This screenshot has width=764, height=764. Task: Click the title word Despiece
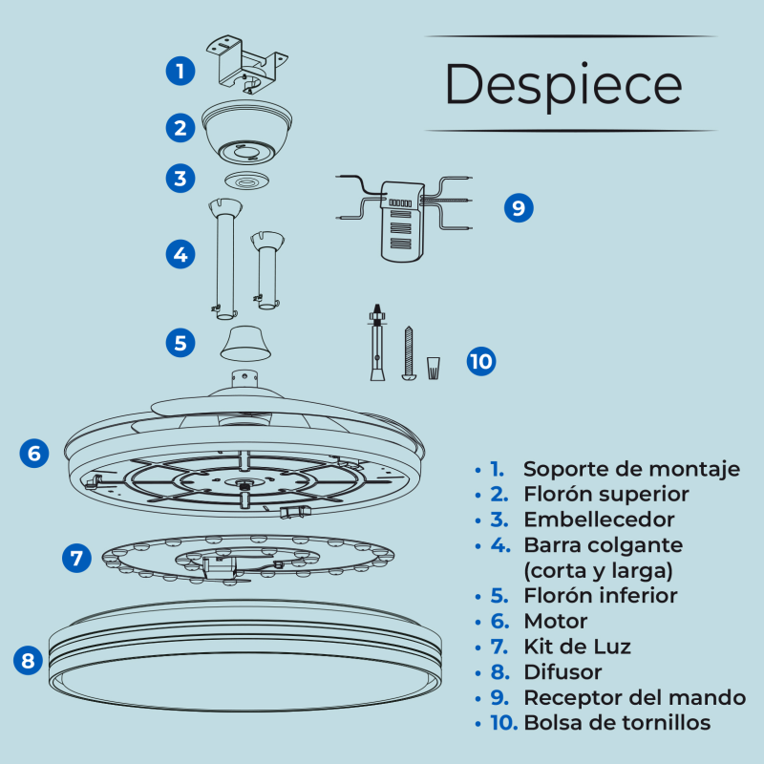click(563, 84)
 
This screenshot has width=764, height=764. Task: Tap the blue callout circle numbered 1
click(180, 70)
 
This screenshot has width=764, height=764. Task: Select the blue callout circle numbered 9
click(518, 207)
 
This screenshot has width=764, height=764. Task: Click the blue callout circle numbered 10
click(481, 361)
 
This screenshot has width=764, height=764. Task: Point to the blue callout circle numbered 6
click(34, 453)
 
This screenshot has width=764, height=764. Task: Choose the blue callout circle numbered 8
click(29, 659)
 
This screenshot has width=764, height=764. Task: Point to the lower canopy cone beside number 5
click(246, 342)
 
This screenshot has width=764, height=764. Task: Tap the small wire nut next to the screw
click(435, 367)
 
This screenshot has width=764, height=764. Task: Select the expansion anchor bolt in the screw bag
click(377, 344)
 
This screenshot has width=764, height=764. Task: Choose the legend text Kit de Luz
click(577, 647)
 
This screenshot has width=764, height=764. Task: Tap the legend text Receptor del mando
click(634, 697)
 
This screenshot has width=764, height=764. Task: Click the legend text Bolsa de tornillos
click(617, 722)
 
